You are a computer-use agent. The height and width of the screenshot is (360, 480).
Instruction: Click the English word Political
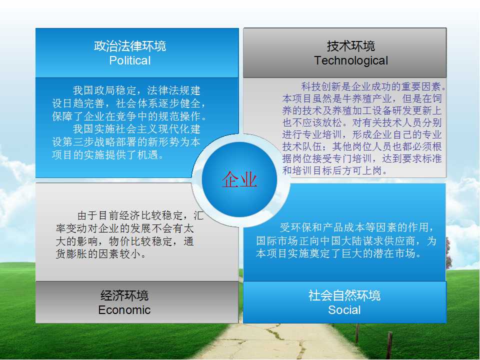[130, 60]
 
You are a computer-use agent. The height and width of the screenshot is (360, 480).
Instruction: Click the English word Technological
[351, 60]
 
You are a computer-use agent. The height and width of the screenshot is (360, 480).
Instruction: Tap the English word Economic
[124, 310]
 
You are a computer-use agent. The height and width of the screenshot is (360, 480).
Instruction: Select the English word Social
[344, 310]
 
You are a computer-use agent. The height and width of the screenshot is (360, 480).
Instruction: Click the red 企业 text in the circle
[239, 179]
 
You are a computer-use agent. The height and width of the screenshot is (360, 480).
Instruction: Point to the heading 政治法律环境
[130, 46]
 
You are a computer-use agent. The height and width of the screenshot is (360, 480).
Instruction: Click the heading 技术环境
[351, 46]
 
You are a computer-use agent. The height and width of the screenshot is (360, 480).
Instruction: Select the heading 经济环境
[124, 295]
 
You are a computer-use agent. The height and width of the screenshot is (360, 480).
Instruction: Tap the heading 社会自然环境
[344, 295]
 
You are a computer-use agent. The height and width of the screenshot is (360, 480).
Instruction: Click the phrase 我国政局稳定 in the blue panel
[104, 90]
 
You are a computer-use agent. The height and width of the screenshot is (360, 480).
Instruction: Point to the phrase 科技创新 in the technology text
[321, 86]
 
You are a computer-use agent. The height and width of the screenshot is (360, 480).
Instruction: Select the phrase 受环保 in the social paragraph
[295, 227]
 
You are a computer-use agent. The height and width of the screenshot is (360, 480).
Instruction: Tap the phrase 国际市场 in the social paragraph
[276, 241]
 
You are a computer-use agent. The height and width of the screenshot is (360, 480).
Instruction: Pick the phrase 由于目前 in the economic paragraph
[98, 215]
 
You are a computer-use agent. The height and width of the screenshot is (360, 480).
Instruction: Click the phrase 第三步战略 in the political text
[89, 142]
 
